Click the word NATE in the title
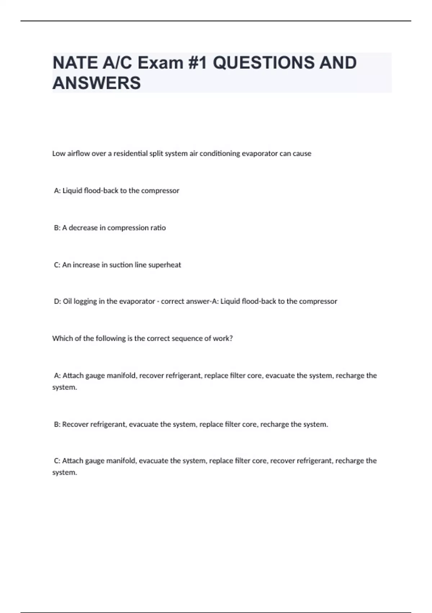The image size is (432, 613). click(75, 63)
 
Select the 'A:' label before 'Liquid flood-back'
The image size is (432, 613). click(57, 191)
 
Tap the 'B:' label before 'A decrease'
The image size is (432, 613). click(57, 228)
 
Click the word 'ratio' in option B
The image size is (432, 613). click(158, 228)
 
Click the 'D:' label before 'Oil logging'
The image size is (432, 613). click(58, 301)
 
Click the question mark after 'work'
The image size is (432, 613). click(231, 339)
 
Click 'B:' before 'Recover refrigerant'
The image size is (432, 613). click(57, 424)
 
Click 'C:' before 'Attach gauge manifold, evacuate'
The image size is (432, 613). click(57, 461)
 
